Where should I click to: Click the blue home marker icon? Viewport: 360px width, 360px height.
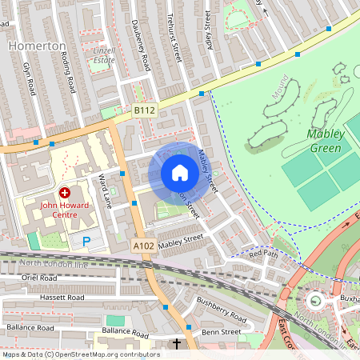[179, 173]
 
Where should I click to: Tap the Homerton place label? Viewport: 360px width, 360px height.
[37, 46]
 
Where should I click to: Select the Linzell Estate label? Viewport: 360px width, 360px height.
[104, 54]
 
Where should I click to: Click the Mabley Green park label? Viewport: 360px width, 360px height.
[325, 140]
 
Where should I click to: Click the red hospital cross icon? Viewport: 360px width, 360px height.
[65, 193]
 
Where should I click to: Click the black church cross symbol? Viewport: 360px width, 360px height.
[177, 345]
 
